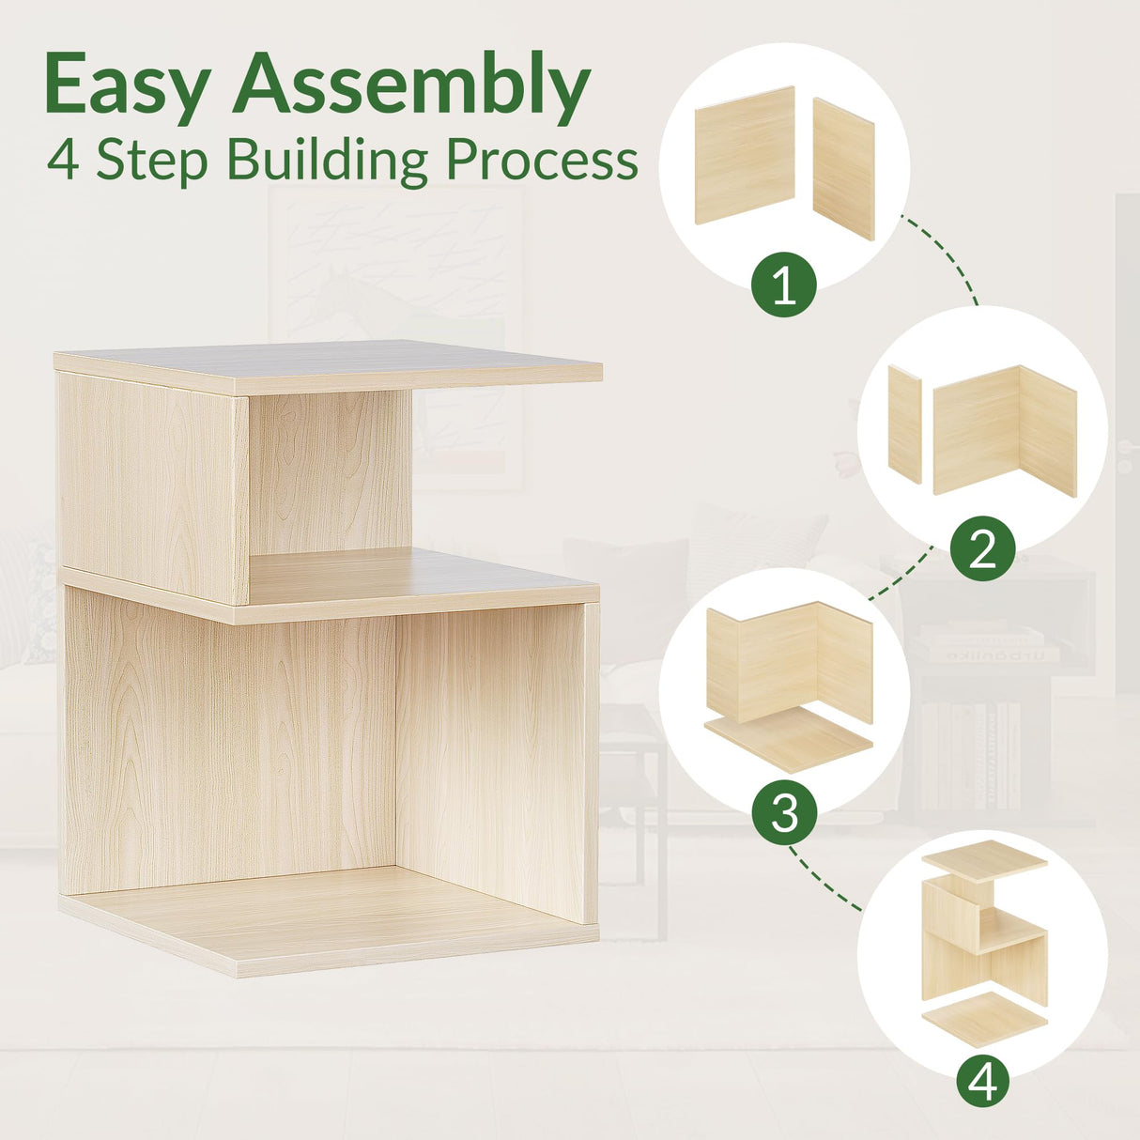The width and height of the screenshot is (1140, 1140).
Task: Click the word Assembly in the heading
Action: [x=412, y=86]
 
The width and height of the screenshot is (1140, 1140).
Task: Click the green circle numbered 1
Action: [x=784, y=285]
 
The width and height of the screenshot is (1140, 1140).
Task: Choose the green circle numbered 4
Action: [x=982, y=1083]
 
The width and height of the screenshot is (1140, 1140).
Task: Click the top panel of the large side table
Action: [x=329, y=364]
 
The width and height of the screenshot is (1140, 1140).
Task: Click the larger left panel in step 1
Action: [x=745, y=155]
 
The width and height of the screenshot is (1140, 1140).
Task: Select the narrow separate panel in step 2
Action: [x=905, y=424]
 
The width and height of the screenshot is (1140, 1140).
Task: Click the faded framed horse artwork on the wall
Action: [x=394, y=282]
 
